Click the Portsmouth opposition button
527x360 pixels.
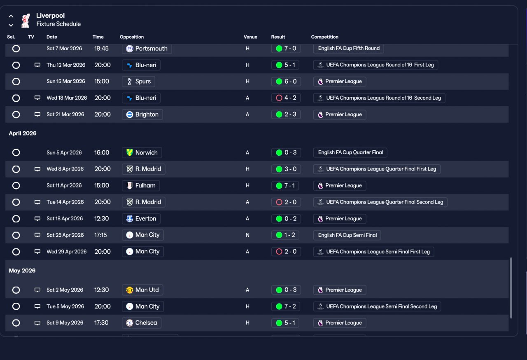[x=147, y=49]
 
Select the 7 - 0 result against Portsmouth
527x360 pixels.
[x=286, y=49]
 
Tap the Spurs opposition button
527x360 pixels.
[x=139, y=82]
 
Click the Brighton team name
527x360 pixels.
[x=147, y=115]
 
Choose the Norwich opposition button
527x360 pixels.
[x=142, y=153]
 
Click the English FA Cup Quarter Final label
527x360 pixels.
[x=350, y=152]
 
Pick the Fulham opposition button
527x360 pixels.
[x=141, y=186]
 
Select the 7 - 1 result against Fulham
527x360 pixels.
[x=286, y=186]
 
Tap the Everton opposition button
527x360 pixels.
[x=141, y=219]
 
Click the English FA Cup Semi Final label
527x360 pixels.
[x=347, y=235]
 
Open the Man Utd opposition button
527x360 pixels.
[x=142, y=290]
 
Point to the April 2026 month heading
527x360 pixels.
[x=23, y=133]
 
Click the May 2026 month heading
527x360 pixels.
[x=22, y=271]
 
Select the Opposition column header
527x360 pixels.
[x=132, y=37]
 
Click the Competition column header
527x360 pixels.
[x=324, y=37]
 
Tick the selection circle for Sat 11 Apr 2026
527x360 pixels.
[x=16, y=186]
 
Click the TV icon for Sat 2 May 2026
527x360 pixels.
[x=37, y=290]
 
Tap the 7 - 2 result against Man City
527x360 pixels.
[x=286, y=306]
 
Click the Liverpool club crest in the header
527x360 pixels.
[x=26, y=20]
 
